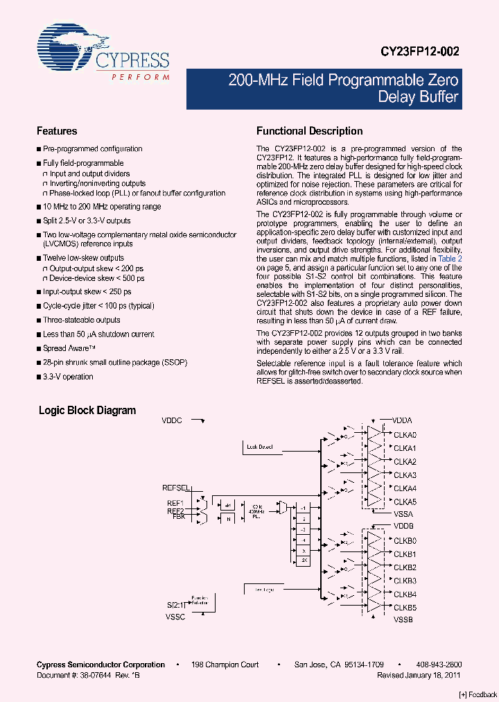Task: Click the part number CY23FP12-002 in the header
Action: click(x=419, y=51)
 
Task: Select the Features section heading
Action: click(x=57, y=131)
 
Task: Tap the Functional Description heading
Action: click(x=309, y=131)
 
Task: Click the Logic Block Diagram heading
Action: click(x=87, y=411)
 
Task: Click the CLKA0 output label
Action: click(x=405, y=435)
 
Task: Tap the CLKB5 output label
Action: click(x=405, y=607)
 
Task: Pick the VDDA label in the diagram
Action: click(x=402, y=420)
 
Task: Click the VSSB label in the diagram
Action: click(x=403, y=619)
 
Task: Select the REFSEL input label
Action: click(x=176, y=488)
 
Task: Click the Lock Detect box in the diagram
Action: click(x=260, y=447)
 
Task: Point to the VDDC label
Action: click(x=172, y=420)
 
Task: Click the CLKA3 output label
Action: click(x=405, y=475)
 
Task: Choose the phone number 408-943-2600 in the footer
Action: click(x=440, y=665)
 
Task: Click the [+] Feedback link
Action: click(x=478, y=694)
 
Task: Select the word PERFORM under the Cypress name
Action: click(x=141, y=76)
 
